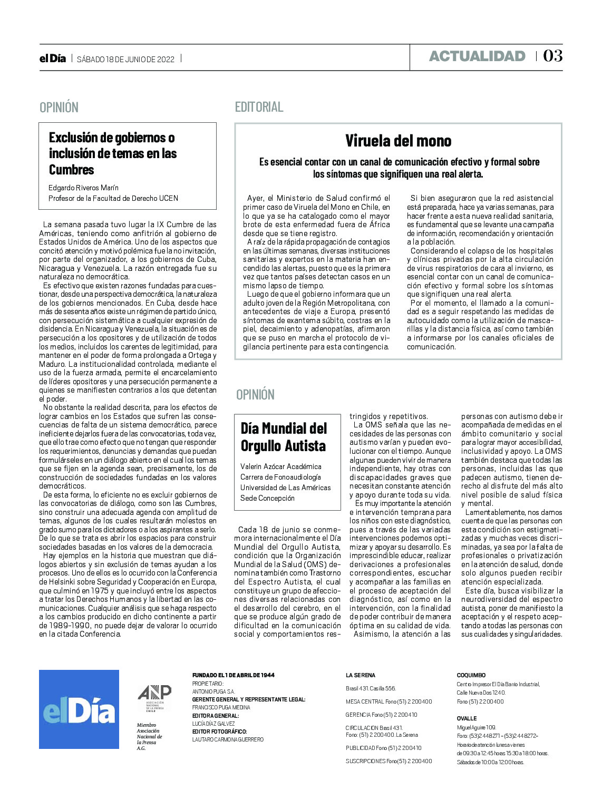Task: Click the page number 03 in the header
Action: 552,56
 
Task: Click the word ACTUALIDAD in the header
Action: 477,56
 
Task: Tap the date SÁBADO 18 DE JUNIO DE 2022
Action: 125,59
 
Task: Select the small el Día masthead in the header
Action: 53,59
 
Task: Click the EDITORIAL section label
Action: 259,107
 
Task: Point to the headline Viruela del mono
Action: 398,141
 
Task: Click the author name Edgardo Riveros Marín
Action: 83,188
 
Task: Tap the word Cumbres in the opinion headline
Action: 71,170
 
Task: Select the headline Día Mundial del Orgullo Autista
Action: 284,437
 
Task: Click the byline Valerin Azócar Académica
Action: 280,466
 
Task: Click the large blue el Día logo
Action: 79,709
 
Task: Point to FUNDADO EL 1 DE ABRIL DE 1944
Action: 233,675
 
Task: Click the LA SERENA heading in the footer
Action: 361,675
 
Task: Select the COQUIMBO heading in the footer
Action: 471,675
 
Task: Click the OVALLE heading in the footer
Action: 467,718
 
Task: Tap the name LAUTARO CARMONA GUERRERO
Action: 228,739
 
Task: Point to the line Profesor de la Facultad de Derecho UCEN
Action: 113,198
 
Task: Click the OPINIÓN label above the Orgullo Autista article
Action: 255,395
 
